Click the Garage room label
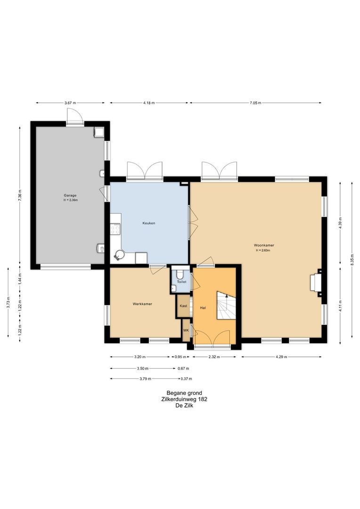pyautogui.click(x=70, y=196)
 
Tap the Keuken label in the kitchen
pyautogui.click(x=149, y=223)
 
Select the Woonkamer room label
pyautogui.click(x=262, y=246)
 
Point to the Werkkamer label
pyautogui.click(x=142, y=304)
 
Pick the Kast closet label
pyautogui.click(x=183, y=306)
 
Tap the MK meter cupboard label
pyautogui.click(x=186, y=330)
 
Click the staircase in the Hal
pyautogui.click(x=226, y=305)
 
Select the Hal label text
pyautogui.click(x=203, y=308)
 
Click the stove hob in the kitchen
pyautogui.click(x=115, y=229)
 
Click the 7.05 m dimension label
pyautogui.click(x=255, y=103)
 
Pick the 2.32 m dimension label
pyautogui.click(x=214, y=357)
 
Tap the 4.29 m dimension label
pyautogui.click(x=281, y=357)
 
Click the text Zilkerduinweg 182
pyautogui.click(x=184, y=399)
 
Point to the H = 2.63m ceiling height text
pyautogui.click(x=263, y=250)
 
